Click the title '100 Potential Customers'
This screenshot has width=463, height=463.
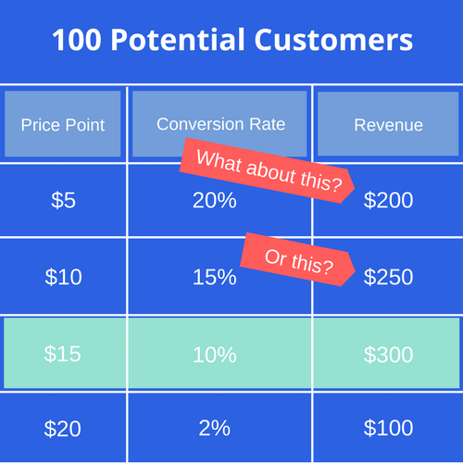pyautogui.click(x=231, y=41)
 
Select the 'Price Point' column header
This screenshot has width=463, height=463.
pyautogui.click(x=63, y=124)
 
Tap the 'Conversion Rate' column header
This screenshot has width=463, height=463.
pyautogui.click(x=220, y=123)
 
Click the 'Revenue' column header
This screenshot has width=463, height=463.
pyautogui.click(x=388, y=124)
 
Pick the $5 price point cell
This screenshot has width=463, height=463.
pyautogui.click(x=63, y=200)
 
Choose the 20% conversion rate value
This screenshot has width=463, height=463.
pyautogui.click(x=214, y=200)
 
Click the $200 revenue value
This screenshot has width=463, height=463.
pyautogui.click(x=388, y=200)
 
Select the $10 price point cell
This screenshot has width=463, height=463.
pyautogui.click(x=63, y=276)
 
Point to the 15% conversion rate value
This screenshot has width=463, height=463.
pyautogui.click(x=215, y=276)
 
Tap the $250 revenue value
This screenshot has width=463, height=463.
pyautogui.click(x=388, y=276)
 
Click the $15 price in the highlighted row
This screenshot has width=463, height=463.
pyautogui.click(x=63, y=353)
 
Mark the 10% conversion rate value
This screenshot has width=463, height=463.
pyautogui.click(x=215, y=353)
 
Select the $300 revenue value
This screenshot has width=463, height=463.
pyautogui.click(x=388, y=353)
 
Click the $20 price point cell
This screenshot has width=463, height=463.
pyautogui.click(x=63, y=429)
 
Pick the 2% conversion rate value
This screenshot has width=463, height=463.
pyautogui.click(x=215, y=429)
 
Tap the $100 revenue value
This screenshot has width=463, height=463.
pyautogui.click(x=388, y=429)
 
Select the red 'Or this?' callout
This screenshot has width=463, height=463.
pyautogui.click(x=298, y=259)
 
